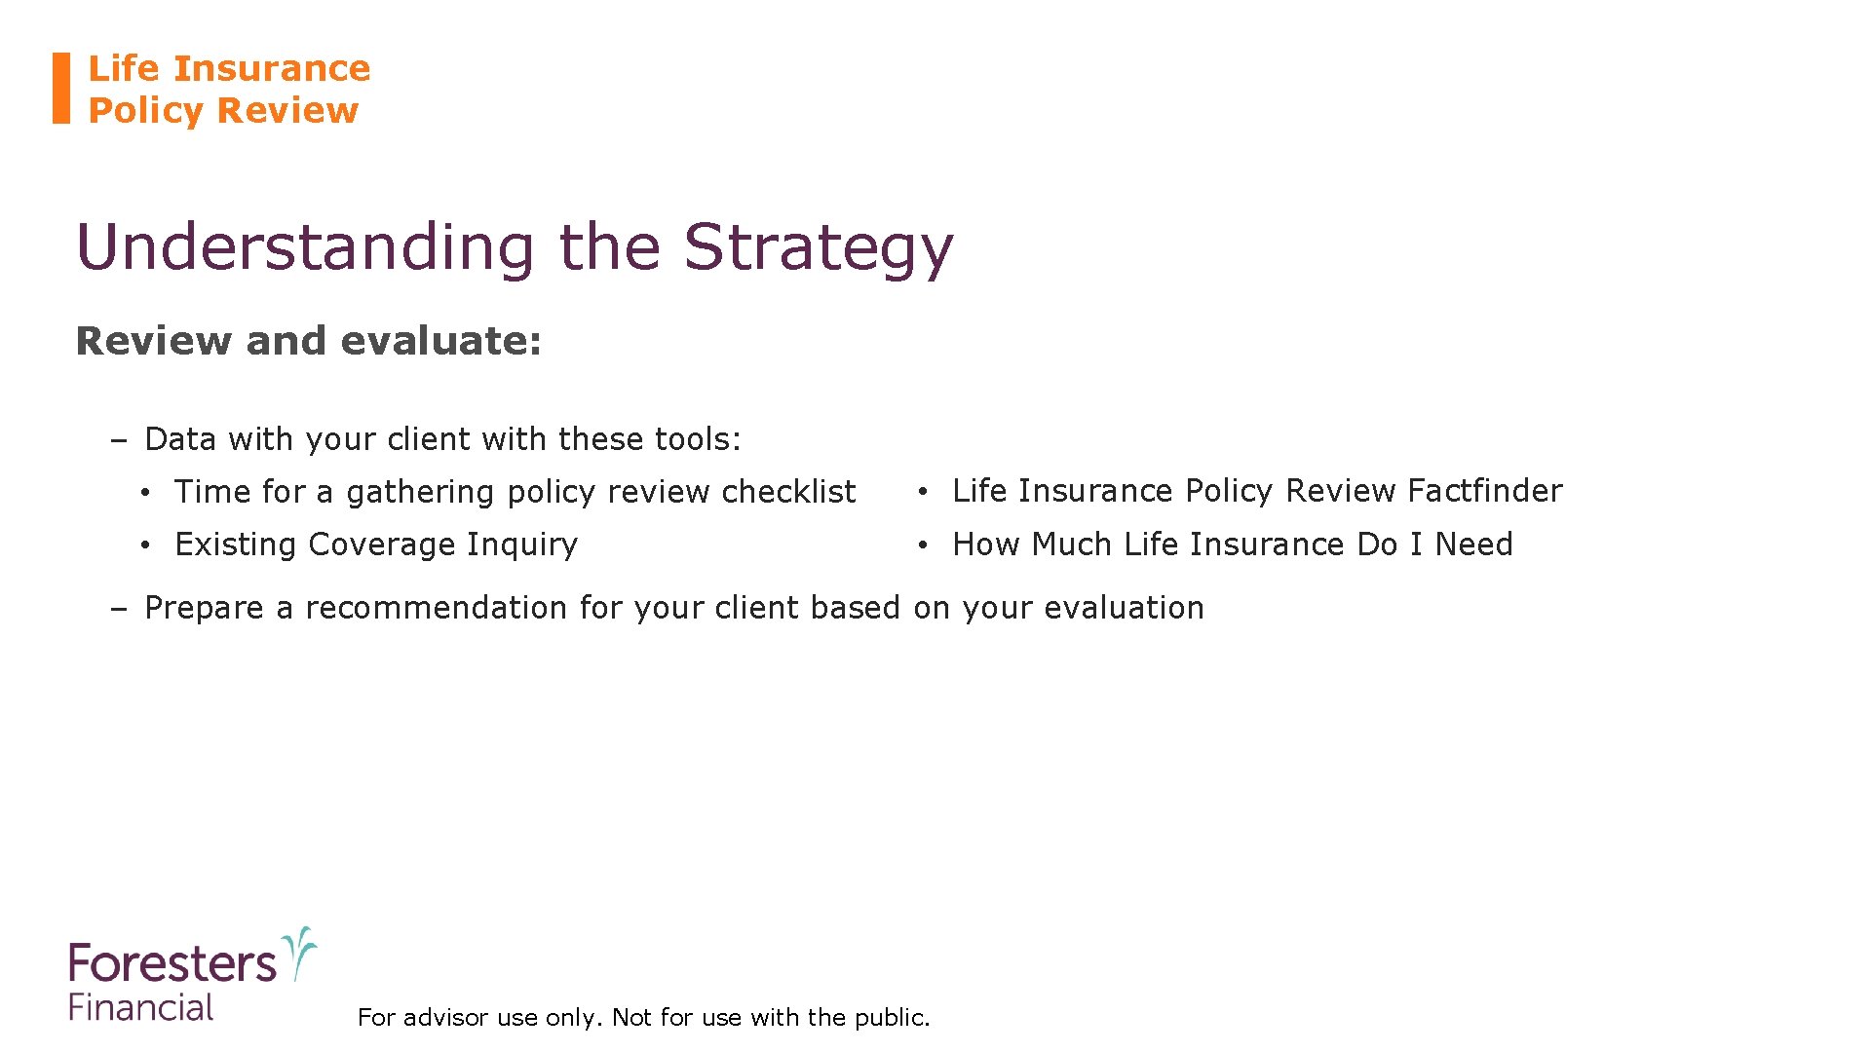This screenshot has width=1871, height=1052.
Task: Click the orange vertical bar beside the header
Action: click(61, 88)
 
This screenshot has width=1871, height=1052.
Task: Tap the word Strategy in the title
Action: click(818, 247)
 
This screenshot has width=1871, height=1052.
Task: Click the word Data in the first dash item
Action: click(180, 439)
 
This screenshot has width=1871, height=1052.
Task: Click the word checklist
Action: click(788, 492)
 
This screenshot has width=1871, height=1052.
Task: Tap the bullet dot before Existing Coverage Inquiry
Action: click(144, 545)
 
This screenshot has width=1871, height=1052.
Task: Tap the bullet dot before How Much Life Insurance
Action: click(922, 545)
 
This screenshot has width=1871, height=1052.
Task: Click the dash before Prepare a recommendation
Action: click(119, 609)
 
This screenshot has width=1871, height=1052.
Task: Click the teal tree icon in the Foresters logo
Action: click(299, 952)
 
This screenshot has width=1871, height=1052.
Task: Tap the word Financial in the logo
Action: click(141, 1007)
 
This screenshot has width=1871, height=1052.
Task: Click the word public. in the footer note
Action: click(892, 1018)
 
